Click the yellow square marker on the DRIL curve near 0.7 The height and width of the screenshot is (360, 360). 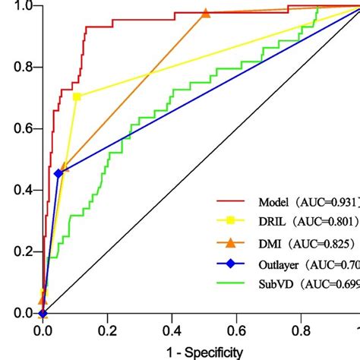(x=77, y=96)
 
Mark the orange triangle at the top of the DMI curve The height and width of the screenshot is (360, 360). (x=206, y=14)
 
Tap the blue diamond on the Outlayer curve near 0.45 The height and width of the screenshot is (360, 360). (x=58, y=174)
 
